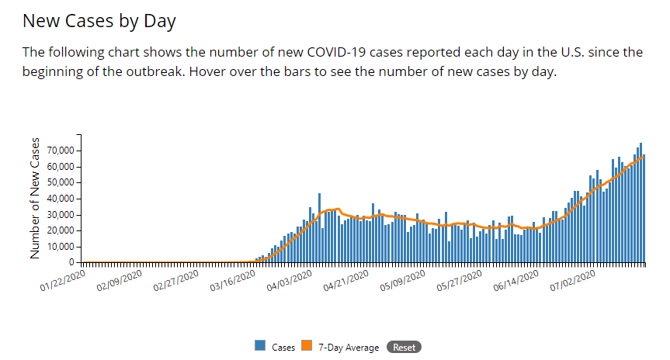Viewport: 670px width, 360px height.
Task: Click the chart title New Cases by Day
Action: point(99,21)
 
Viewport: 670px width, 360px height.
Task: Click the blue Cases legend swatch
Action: point(260,347)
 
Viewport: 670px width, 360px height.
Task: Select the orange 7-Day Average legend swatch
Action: point(307,347)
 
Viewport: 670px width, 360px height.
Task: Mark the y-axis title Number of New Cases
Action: point(35,198)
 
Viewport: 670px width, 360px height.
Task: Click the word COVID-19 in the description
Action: point(359,53)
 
